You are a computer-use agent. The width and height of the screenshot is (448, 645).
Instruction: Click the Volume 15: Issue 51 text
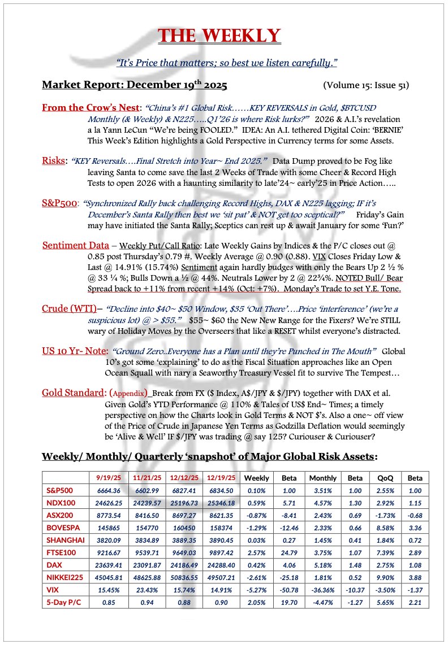(x=365, y=86)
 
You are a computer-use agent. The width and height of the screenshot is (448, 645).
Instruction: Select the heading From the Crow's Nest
(x=91, y=107)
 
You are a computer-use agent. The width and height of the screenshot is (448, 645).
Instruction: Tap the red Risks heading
(x=54, y=161)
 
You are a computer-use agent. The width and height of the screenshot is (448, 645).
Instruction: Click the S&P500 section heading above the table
(x=59, y=203)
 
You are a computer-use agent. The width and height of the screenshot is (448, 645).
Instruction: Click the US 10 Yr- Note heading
(x=75, y=351)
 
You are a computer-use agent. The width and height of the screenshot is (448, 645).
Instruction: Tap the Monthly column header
(x=323, y=478)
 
